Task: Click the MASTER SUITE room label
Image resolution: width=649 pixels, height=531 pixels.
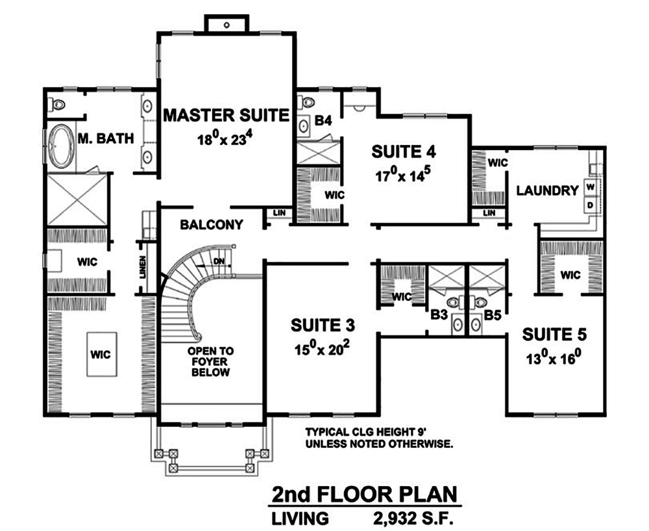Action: tap(225, 116)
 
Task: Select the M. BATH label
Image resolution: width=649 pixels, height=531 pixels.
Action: tap(106, 138)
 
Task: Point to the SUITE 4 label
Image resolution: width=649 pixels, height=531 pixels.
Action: tap(403, 151)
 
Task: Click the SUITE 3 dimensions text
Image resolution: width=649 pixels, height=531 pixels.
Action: tap(321, 349)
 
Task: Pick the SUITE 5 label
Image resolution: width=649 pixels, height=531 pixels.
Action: tap(554, 335)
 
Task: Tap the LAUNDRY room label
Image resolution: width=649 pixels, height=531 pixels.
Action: tap(547, 190)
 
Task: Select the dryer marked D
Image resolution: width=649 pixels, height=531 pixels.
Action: tap(591, 205)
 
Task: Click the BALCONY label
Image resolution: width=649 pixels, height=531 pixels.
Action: tap(212, 225)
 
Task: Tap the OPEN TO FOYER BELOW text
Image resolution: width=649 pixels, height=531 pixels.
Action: tap(210, 361)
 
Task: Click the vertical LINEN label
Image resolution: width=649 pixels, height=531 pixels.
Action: tap(142, 268)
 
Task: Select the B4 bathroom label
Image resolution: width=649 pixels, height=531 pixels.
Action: tap(323, 120)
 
